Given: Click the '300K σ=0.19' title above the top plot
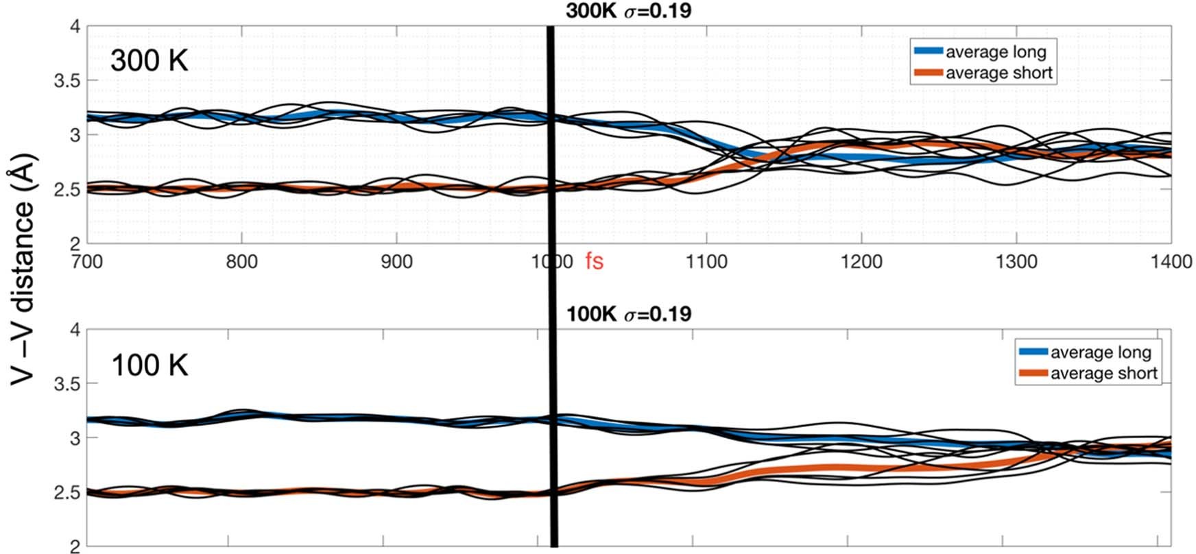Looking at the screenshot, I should click(x=627, y=10).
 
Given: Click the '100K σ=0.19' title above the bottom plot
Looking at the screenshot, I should click(x=627, y=314).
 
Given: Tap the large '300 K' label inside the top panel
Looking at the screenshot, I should click(x=149, y=61).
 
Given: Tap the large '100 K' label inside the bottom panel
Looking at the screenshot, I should click(x=149, y=365).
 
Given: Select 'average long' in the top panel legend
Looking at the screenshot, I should click(x=996, y=52).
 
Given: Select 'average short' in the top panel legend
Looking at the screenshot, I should click(x=998, y=73).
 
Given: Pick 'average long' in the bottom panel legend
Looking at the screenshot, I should click(x=1100, y=352).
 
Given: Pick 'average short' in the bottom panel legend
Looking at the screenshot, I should click(x=1103, y=373).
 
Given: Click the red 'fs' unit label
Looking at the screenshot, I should click(x=594, y=261).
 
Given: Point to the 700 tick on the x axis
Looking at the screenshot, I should click(x=87, y=261).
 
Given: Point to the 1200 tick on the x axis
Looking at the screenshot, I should click(x=861, y=261).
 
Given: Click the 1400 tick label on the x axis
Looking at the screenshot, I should click(x=1171, y=261).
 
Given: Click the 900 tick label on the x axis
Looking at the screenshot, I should click(x=396, y=261).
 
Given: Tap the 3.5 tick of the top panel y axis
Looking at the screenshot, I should click(x=67, y=81).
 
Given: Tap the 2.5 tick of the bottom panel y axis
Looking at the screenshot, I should click(x=67, y=492).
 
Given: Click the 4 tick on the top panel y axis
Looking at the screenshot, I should click(x=74, y=27).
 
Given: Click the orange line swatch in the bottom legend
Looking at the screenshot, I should click(x=1033, y=373).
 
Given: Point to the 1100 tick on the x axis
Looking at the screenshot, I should click(x=706, y=261).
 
